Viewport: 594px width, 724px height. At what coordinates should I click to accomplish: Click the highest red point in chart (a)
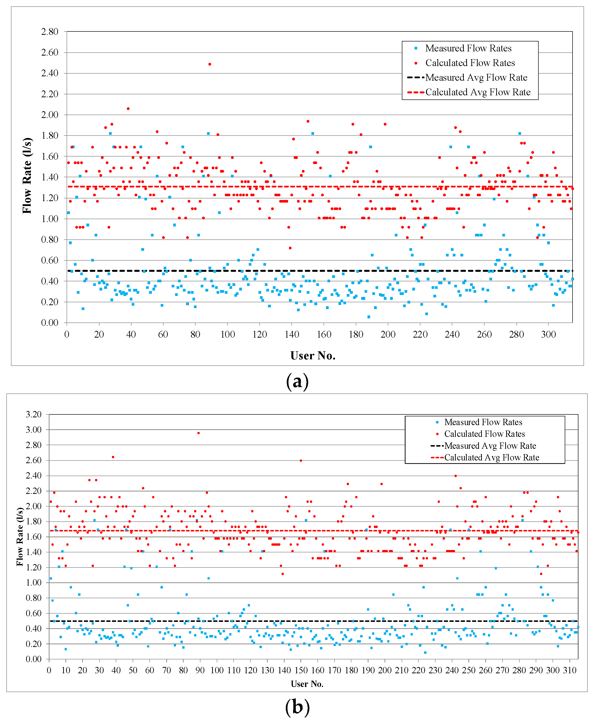pyautogui.click(x=210, y=64)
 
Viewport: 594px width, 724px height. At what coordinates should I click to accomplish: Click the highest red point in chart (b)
pyautogui.click(x=198, y=433)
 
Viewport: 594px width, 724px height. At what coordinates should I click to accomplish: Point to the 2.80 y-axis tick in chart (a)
pyautogui.click(x=49, y=31)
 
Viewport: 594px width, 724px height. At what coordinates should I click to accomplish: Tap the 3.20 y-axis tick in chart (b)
pyautogui.click(x=34, y=414)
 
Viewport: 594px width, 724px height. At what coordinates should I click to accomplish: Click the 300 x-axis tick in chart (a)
pyautogui.click(x=548, y=334)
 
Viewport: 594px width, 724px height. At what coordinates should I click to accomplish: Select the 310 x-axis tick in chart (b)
pyautogui.click(x=570, y=670)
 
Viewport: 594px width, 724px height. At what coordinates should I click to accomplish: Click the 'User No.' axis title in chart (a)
pyautogui.click(x=313, y=356)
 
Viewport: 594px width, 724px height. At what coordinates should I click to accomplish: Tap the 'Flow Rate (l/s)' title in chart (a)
pyautogui.click(x=27, y=176)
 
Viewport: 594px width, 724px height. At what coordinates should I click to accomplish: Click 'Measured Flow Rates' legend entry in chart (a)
pyautogui.click(x=468, y=48)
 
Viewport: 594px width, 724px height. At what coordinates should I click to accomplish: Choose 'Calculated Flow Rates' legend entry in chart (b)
pyautogui.click(x=484, y=434)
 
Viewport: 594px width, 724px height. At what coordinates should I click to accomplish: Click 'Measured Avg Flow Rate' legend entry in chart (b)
pyautogui.click(x=490, y=446)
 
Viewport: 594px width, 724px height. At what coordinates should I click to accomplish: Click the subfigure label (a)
pyautogui.click(x=297, y=381)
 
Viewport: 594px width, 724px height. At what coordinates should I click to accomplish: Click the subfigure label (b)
pyautogui.click(x=297, y=707)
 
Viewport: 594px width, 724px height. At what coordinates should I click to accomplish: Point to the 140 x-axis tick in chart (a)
pyautogui.click(x=292, y=334)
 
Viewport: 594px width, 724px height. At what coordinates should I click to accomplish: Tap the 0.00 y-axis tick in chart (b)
pyautogui.click(x=34, y=659)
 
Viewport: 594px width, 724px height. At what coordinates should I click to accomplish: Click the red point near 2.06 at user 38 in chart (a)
pyautogui.click(x=128, y=108)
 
